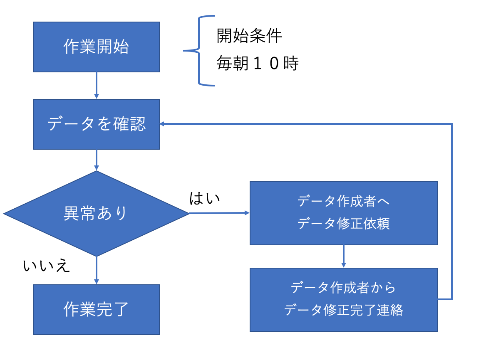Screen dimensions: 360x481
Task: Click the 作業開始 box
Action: (96, 47)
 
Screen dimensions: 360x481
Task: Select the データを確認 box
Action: (96, 124)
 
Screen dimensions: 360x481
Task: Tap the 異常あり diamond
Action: (96, 213)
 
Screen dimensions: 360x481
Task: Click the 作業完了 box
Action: (96, 309)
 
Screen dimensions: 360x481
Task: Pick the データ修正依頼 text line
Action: (343, 224)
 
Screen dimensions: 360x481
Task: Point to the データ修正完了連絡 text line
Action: (343, 310)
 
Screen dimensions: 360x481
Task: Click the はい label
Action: (204, 199)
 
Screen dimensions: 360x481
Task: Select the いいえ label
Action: (46, 266)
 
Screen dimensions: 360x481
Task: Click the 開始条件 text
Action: (249, 37)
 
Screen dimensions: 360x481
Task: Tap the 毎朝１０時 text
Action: (258, 64)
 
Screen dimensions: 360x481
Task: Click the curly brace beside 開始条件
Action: (199, 51)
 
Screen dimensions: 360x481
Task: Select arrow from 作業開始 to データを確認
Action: (96, 85)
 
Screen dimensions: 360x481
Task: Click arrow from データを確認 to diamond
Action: (96, 160)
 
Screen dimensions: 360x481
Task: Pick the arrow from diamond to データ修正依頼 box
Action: (218, 213)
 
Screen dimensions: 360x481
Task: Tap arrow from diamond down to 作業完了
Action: (96, 270)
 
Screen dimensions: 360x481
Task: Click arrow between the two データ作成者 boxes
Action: (343, 256)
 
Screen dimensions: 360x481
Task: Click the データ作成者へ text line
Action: (343, 202)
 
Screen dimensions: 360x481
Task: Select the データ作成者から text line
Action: (343, 288)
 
